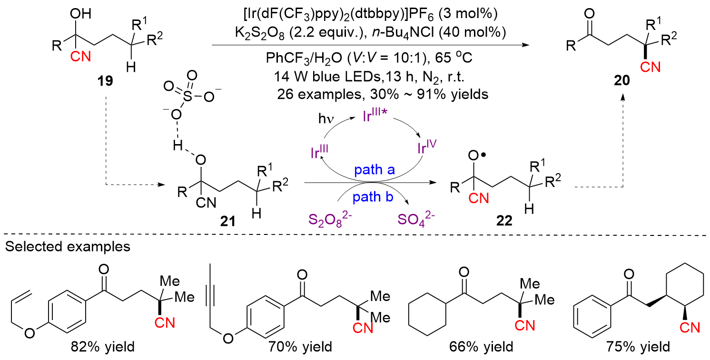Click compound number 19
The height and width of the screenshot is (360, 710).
pyautogui.click(x=106, y=80)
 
